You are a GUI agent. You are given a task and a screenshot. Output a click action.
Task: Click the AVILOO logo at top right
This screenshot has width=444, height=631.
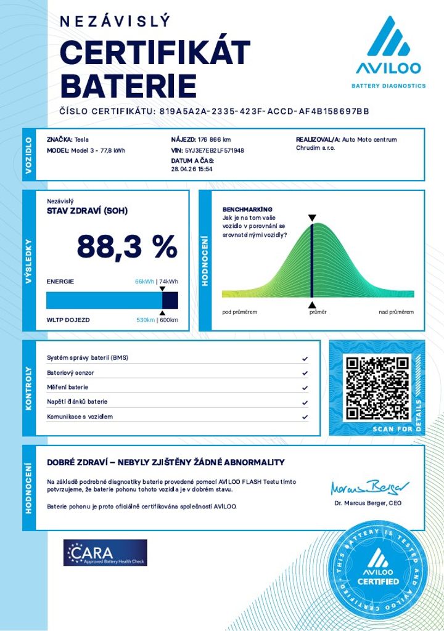click(x=388, y=52)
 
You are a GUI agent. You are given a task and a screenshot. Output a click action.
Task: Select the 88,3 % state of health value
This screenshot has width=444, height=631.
click(x=127, y=247)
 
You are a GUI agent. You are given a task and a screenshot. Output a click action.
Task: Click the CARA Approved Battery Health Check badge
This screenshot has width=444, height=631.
click(x=105, y=553)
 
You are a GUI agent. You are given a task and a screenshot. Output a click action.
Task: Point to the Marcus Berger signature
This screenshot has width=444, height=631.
click(x=366, y=488)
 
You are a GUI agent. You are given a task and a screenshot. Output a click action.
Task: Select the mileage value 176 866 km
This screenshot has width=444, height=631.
click(x=215, y=140)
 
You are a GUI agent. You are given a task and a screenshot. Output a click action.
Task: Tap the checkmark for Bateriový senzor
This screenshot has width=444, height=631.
click(x=305, y=373)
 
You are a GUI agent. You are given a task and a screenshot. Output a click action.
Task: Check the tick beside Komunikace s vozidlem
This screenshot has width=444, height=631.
click(x=305, y=417)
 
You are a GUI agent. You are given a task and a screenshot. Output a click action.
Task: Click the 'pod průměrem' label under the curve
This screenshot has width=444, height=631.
click(x=239, y=312)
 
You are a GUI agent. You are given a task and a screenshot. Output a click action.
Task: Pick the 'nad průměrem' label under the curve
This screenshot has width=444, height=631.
click(x=396, y=312)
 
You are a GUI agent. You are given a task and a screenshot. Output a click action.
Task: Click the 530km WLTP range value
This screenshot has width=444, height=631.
click(x=145, y=320)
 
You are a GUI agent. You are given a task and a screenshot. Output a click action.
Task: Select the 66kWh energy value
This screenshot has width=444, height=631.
click(x=144, y=282)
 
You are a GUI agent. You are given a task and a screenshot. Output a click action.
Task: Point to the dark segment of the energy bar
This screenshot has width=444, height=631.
click(x=170, y=300)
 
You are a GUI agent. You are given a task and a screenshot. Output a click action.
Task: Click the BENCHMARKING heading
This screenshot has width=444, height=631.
click(x=247, y=210)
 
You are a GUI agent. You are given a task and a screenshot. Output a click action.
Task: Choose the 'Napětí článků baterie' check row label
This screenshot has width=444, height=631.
click(x=77, y=402)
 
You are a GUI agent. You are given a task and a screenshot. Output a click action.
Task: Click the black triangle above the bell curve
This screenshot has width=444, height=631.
click(x=312, y=218)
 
